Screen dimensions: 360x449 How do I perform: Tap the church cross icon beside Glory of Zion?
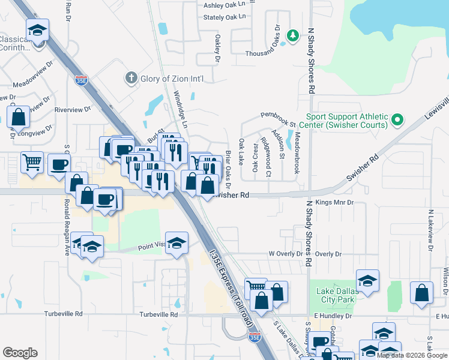(131, 78)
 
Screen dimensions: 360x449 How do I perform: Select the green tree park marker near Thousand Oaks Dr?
(293, 36)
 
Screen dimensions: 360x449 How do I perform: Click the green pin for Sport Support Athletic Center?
(397, 121)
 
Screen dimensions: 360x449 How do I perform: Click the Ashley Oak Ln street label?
(226, 5)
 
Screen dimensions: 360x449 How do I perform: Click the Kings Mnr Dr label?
(335, 203)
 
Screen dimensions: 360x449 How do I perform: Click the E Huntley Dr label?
(331, 315)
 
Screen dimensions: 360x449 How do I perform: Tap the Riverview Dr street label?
(72, 110)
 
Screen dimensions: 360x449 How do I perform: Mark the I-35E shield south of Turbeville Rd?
(255, 338)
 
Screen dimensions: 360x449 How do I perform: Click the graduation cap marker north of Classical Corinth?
(37, 29)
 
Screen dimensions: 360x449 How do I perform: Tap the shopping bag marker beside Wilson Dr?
(422, 292)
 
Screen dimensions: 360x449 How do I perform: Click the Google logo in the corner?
(20, 353)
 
